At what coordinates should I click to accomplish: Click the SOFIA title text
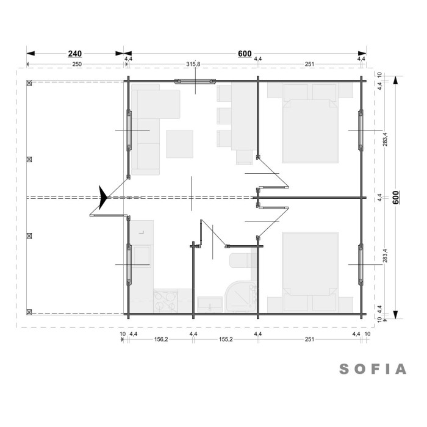[373, 369]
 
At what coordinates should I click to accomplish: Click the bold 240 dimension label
[75, 54]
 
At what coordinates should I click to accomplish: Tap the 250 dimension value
[77, 64]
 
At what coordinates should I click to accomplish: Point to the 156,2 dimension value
[161, 339]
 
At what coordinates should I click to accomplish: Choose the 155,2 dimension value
[226, 339]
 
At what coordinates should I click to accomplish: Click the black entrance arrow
[103, 198]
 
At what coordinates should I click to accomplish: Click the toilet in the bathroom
[243, 260]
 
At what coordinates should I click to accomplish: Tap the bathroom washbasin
[209, 304]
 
